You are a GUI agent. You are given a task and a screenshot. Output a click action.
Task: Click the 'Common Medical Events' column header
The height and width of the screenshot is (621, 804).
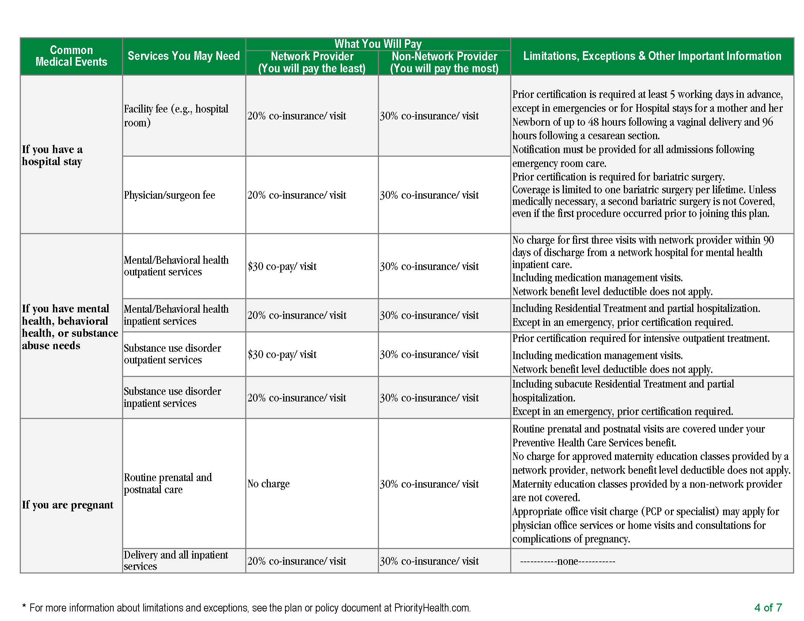(71, 56)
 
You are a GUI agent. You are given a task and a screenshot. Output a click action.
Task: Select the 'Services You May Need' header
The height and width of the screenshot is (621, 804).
(183, 56)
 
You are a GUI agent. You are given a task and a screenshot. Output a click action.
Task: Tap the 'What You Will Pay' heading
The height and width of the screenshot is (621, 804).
(378, 44)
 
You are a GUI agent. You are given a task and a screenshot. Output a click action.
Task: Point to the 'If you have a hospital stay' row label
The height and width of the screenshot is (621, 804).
(52, 155)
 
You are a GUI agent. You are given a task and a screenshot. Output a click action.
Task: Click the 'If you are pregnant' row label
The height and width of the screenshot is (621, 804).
(67, 505)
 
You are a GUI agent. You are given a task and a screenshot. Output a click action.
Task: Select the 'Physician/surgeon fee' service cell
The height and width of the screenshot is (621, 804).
(169, 195)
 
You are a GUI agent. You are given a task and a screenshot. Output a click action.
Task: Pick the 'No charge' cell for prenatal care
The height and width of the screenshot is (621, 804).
(268, 484)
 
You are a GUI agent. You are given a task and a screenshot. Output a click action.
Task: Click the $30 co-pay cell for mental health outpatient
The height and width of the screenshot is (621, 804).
(282, 266)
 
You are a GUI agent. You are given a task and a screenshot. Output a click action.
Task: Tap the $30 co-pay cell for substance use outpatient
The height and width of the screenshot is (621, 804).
(282, 354)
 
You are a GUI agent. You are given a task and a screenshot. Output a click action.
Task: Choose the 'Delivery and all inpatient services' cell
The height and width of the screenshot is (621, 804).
(176, 560)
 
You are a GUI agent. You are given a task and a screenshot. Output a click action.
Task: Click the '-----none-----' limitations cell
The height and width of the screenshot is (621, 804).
(567, 561)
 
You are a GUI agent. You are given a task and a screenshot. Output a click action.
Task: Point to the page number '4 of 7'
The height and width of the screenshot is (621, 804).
(768, 607)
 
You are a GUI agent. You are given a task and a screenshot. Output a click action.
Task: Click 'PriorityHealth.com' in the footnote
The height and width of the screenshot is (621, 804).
(432, 608)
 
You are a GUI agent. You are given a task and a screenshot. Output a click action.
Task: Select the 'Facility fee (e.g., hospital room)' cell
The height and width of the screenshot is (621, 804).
(176, 115)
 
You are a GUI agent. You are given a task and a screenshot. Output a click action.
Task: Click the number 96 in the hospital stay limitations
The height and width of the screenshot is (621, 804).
(767, 122)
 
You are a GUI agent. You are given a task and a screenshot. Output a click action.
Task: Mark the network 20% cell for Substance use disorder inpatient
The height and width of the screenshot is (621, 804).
(297, 398)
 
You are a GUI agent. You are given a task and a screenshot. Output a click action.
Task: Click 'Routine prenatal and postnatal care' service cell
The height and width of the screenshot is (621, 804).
(167, 483)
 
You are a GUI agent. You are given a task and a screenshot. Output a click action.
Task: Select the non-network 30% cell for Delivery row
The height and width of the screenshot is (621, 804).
(429, 561)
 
